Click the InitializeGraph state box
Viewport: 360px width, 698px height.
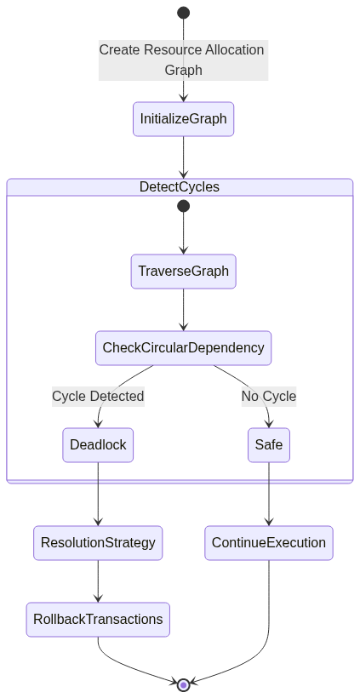point(183,119)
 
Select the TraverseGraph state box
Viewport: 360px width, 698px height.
point(183,272)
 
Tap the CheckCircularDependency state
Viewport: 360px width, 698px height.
point(183,348)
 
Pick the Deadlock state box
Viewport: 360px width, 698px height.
point(98,445)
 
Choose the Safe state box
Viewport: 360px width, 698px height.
point(269,445)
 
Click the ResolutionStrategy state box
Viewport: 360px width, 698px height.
point(98,543)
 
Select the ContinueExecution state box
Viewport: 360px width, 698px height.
point(269,543)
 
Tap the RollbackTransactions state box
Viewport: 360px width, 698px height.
point(98,620)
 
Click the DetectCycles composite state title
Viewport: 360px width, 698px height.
point(180,187)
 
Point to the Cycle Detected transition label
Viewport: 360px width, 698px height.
point(99,396)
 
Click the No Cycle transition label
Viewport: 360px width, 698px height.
point(269,396)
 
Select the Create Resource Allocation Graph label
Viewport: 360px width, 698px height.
point(183,60)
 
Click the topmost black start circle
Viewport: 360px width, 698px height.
point(183,13)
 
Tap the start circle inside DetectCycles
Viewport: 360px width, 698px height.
point(183,206)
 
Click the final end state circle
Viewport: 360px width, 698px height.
point(183,685)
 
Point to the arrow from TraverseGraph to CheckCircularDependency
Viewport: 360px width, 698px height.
point(183,310)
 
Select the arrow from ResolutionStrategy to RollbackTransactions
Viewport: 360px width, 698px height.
point(98,581)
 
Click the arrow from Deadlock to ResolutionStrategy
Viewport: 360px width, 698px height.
point(98,494)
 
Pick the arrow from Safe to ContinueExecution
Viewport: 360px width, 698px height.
point(269,494)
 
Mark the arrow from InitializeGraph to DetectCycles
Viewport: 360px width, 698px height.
point(183,157)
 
